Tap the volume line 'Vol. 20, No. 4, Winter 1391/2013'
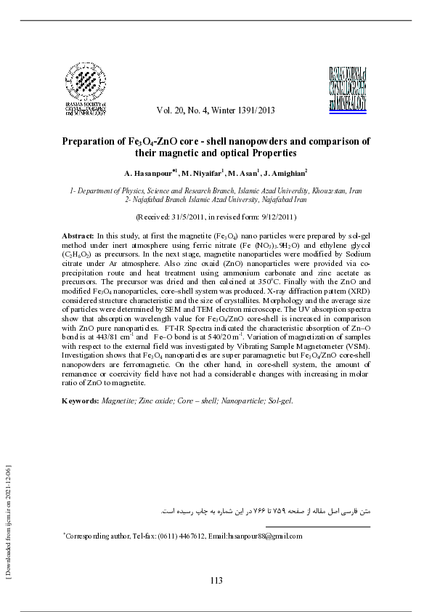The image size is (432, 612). [216, 110]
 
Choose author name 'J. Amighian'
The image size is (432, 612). [285, 174]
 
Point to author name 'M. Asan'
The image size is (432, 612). [244, 174]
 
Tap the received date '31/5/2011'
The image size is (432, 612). [190, 217]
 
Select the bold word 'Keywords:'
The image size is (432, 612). [81, 400]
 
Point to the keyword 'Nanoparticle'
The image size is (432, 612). [241, 400]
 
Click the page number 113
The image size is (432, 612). [216, 579]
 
